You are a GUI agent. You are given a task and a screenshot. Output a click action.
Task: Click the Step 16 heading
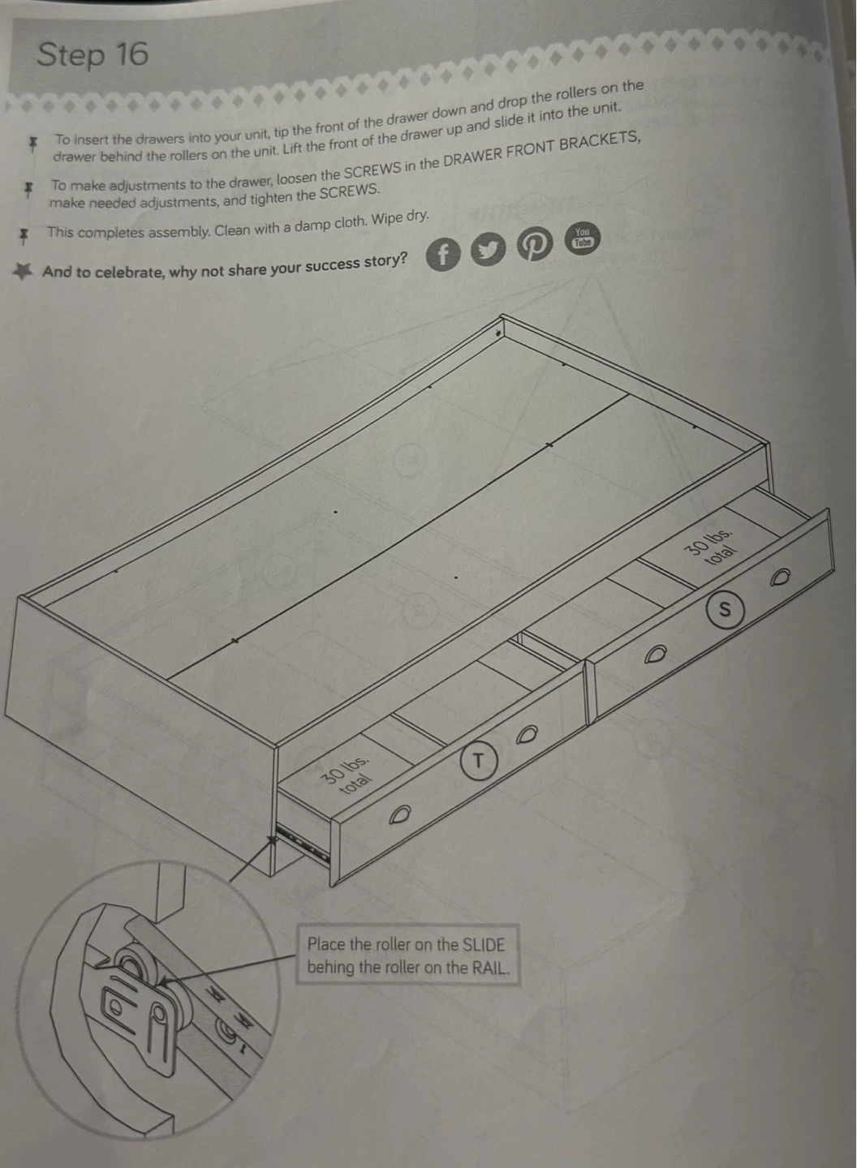(93, 55)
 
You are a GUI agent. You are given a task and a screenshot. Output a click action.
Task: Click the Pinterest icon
(534, 243)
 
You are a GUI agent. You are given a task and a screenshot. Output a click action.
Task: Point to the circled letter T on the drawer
(478, 762)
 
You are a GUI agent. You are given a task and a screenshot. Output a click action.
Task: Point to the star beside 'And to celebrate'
(22, 271)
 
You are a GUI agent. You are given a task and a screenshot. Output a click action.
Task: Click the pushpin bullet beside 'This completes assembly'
(24, 236)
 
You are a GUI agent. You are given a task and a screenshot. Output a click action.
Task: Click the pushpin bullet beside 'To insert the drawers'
(33, 144)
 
